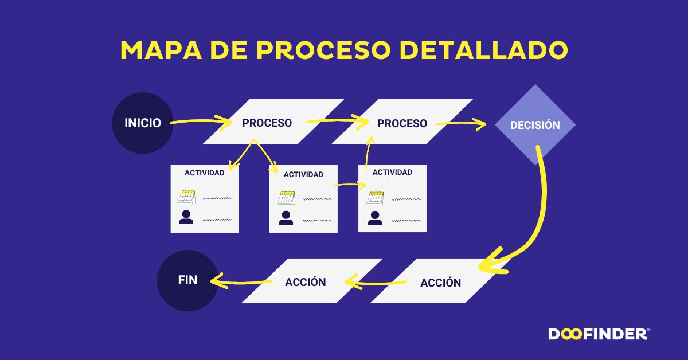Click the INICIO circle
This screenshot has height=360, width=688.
click(143, 123)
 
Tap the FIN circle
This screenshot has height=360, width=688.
click(187, 280)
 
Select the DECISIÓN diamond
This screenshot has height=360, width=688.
click(535, 124)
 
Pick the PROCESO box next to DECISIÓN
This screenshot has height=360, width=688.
click(402, 123)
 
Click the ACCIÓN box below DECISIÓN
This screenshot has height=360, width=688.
click(440, 283)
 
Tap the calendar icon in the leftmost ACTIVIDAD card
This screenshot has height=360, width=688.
click(187, 197)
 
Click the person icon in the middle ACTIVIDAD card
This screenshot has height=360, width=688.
click(286, 217)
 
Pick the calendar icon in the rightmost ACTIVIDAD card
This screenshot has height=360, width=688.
click(375, 197)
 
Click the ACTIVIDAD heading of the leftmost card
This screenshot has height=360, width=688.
click(204, 173)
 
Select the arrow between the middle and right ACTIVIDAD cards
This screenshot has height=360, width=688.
click(350, 185)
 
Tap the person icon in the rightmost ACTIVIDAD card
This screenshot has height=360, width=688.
click(375, 217)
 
